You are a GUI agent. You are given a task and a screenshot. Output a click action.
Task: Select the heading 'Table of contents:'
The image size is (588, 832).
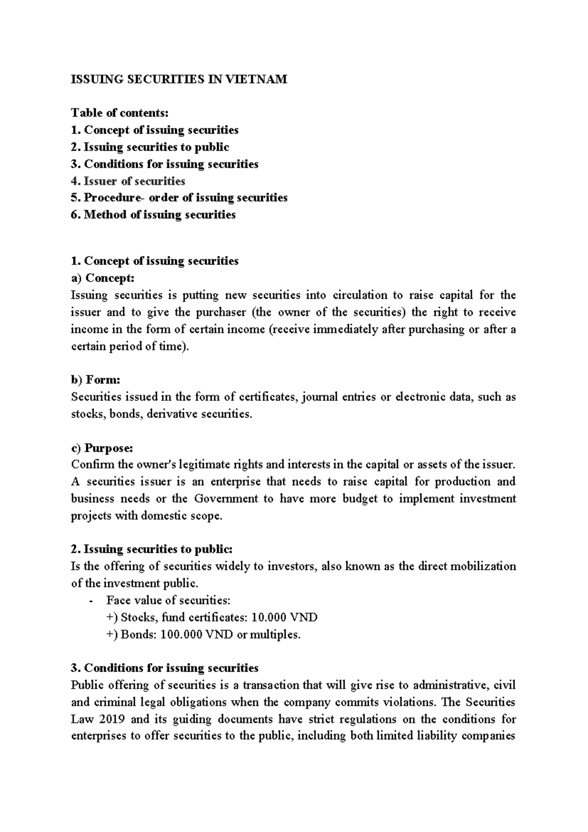pos(120,113)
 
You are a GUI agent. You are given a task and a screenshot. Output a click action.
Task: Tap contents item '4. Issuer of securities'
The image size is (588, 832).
pos(128,181)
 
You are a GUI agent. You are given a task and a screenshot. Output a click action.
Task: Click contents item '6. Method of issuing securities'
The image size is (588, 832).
pos(153,215)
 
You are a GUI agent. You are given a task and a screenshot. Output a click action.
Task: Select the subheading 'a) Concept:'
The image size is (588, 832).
pos(102,278)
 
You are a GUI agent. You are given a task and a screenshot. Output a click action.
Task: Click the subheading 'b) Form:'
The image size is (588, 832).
pos(96,380)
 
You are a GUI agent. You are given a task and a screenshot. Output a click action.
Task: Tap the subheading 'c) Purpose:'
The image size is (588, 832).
pos(102,448)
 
